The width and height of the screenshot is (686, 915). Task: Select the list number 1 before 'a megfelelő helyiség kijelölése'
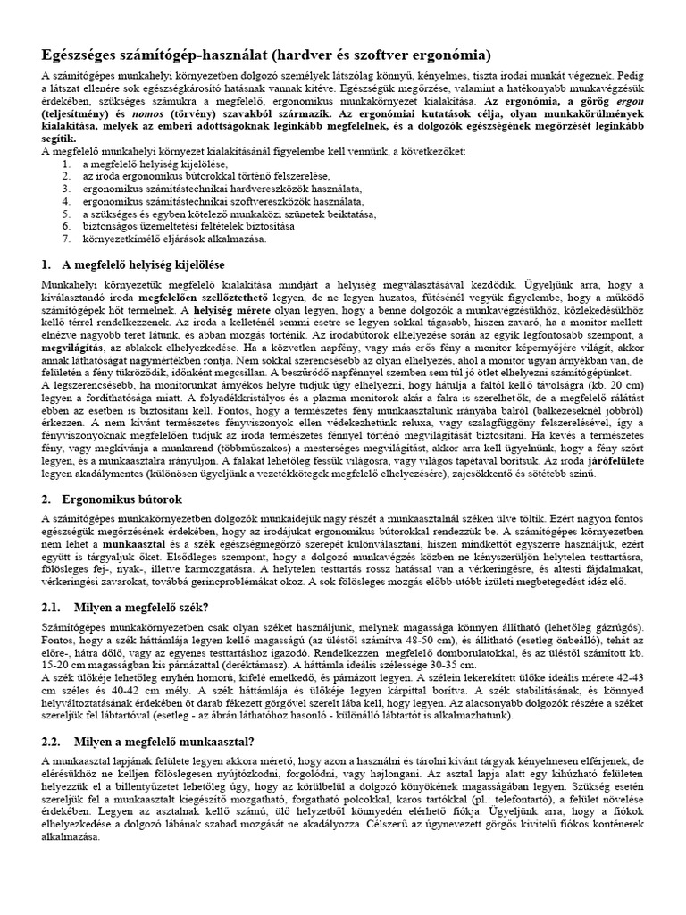[68, 164]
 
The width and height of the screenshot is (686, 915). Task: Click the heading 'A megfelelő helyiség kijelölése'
[143, 265]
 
